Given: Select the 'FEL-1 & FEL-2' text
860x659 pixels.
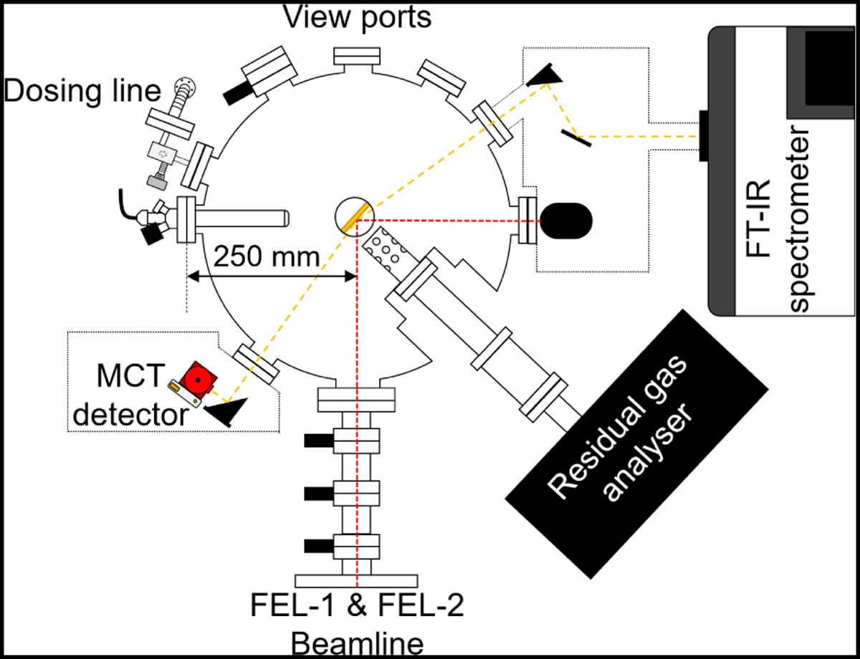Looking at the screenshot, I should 357,607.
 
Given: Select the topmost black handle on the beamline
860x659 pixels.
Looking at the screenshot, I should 317,438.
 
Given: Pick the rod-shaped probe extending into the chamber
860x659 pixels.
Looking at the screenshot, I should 244,216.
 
